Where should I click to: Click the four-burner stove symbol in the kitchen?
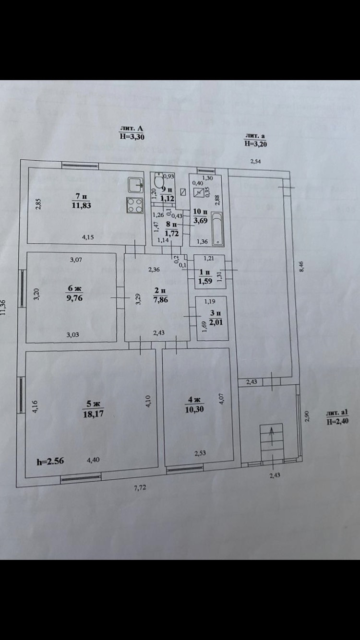[135, 206]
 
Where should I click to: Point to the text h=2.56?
[50, 462]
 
